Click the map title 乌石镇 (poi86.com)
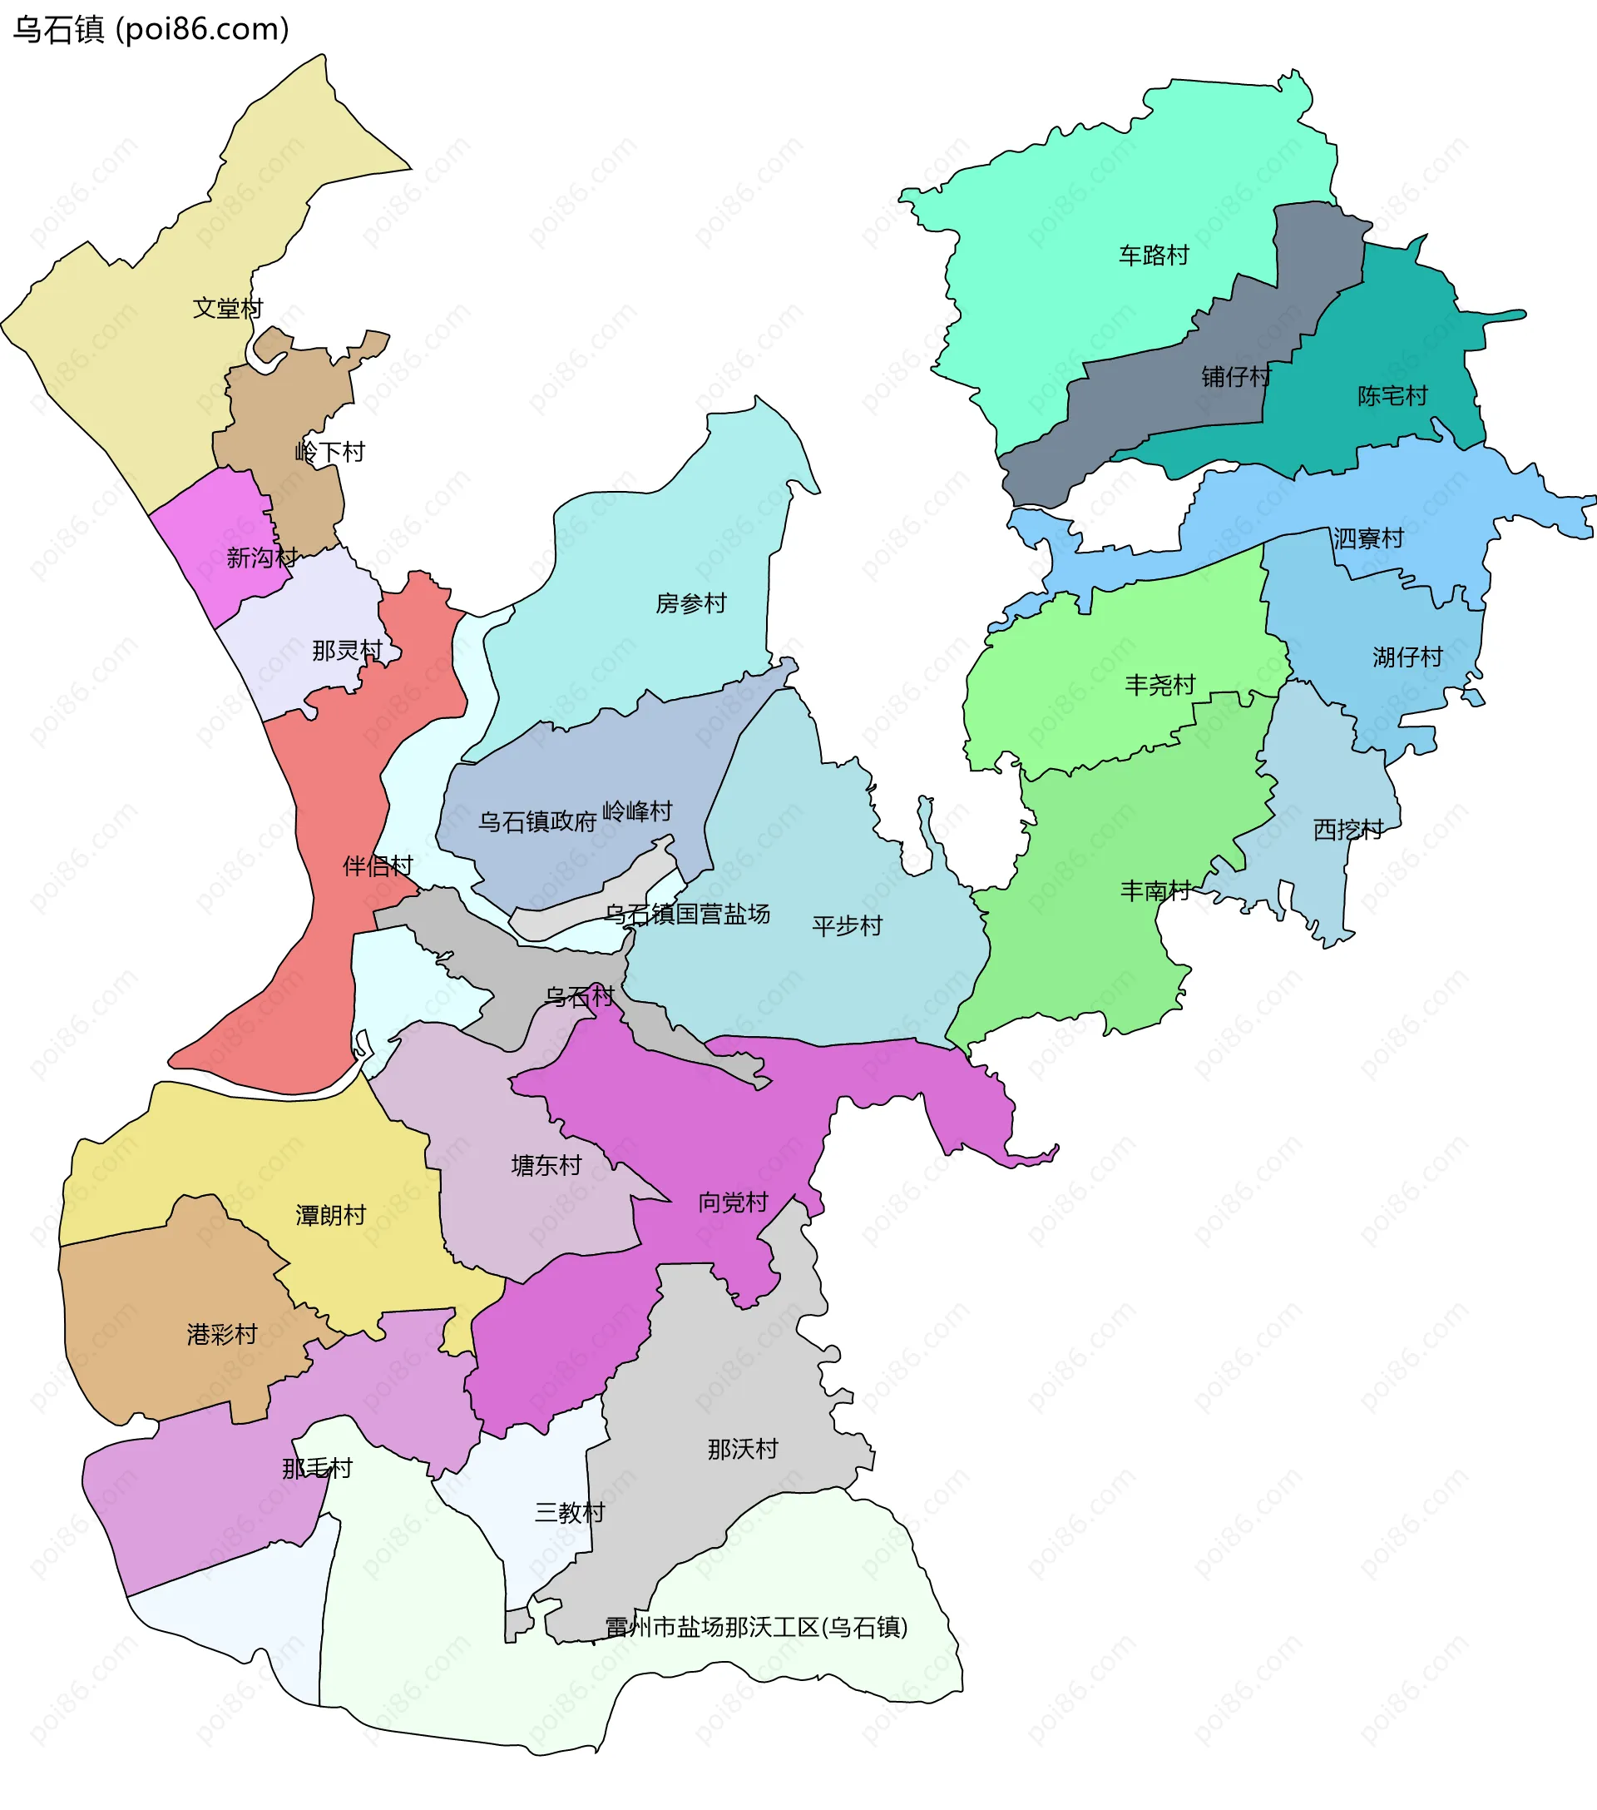(151, 29)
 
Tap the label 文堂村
(228, 308)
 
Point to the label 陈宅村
(1392, 396)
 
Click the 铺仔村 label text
(1236, 376)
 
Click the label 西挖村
(1347, 829)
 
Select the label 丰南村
(1155, 890)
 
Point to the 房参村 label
(690, 603)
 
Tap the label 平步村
(848, 925)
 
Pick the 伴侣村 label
(377, 865)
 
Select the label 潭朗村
(330, 1215)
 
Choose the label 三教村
(569, 1511)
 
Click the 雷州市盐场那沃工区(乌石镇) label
(756, 1627)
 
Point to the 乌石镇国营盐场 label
(687, 913)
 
